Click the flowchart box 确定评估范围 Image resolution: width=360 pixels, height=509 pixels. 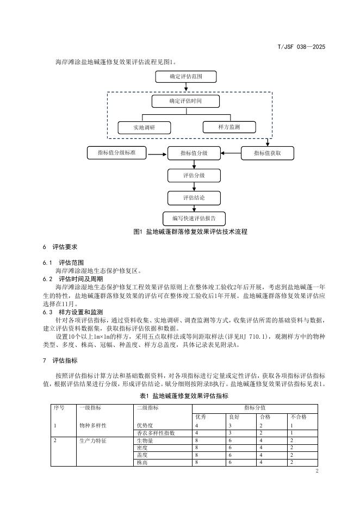tap(185, 78)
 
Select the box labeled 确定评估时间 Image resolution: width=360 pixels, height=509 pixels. tap(185, 101)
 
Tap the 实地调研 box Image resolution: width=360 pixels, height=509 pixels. tap(144, 128)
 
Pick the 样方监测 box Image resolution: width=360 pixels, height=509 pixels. tap(229, 127)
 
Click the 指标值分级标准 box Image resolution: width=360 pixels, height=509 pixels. tap(116, 153)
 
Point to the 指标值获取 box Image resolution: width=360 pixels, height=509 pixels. tap(267, 153)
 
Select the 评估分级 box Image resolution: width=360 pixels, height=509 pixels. tap(194, 176)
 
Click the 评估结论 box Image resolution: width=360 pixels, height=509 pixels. tap(194, 198)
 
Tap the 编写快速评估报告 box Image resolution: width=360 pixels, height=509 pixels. tap(194, 219)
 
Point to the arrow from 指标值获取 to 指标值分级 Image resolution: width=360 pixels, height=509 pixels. tap(231, 153)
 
